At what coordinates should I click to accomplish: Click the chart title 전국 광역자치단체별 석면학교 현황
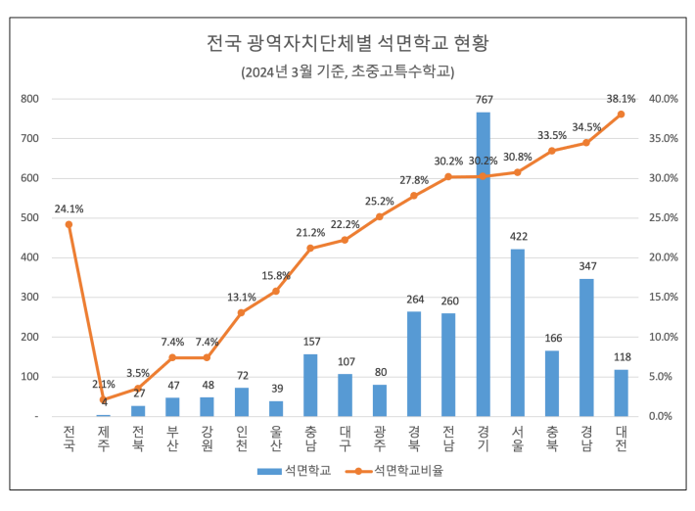point(347,43)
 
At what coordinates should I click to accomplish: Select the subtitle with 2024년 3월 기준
point(347,72)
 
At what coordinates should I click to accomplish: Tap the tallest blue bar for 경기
point(483,264)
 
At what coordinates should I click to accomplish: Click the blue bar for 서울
point(517,333)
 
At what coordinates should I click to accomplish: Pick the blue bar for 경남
point(586,348)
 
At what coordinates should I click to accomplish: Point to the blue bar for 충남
point(310,385)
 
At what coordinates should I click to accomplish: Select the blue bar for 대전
point(621,393)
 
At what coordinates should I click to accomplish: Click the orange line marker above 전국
point(69,224)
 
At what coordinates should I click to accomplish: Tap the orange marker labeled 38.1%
point(621,114)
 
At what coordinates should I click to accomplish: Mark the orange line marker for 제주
point(103,399)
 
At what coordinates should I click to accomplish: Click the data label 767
point(483,100)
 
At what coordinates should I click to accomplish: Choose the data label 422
point(517,237)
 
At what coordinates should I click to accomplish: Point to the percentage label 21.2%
point(310,232)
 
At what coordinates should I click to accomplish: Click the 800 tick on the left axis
point(30,99)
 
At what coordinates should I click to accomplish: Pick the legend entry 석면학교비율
point(407,471)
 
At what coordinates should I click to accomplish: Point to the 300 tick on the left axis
point(30,298)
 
